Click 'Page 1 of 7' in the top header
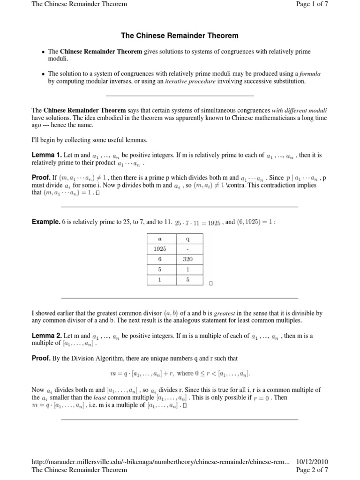313,4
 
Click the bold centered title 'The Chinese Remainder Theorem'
180,36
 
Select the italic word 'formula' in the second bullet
310,74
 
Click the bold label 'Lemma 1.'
46,155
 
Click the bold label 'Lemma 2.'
46,336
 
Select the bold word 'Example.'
46,222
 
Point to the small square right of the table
211,283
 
